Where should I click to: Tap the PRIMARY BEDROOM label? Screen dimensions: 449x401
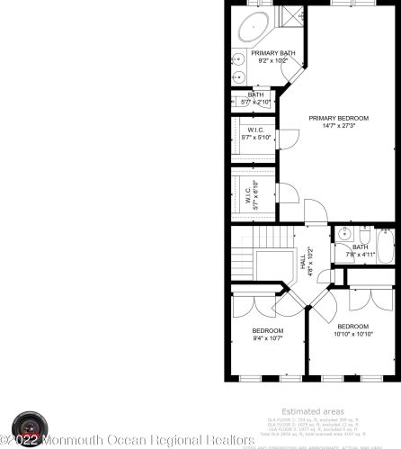click(x=338, y=118)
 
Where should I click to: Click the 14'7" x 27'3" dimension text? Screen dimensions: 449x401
click(x=338, y=126)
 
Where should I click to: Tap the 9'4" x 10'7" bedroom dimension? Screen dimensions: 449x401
click(x=268, y=338)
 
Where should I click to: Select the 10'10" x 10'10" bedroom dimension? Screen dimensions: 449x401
click(x=352, y=334)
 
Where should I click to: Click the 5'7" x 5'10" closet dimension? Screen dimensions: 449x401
click(x=255, y=138)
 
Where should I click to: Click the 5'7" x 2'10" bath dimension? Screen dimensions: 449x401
click(x=255, y=102)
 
